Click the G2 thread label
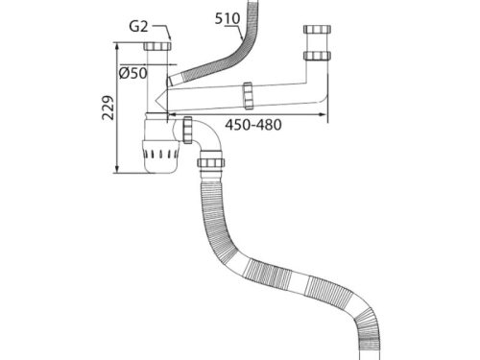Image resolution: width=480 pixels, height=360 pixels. [x=139, y=27]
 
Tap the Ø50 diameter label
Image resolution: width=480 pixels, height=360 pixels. [x=132, y=73]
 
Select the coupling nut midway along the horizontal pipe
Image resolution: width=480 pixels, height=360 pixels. [x=249, y=94]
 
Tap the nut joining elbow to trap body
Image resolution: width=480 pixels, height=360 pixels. [x=187, y=127]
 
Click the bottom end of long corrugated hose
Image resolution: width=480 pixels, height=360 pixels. [x=366, y=348]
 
